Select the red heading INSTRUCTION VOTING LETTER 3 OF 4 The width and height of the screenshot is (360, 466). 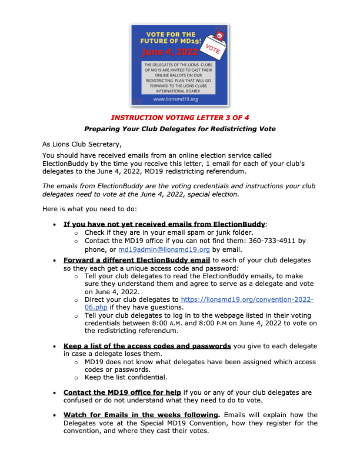click(180, 118)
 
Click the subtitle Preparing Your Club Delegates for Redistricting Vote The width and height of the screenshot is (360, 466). click(180, 129)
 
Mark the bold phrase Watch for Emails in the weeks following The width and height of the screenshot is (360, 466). click(142, 415)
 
